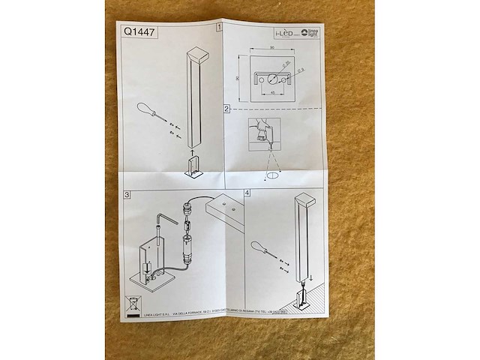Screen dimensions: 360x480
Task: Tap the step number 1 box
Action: (x=219, y=28)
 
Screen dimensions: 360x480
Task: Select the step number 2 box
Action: (x=226, y=109)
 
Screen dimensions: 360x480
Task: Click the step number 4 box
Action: (x=248, y=192)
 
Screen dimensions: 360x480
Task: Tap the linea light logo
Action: (x=310, y=33)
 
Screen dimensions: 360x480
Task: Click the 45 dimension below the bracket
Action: (x=274, y=93)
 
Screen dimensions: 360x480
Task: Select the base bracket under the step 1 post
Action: (x=193, y=168)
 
